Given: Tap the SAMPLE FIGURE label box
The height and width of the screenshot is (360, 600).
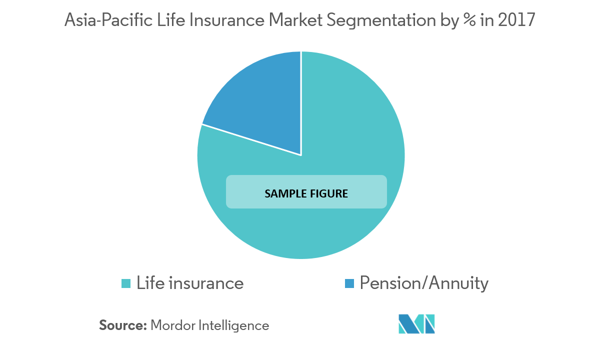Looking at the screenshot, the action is pyautogui.click(x=306, y=192).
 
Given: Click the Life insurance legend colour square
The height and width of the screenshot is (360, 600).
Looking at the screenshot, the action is pyautogui.click(x=126, y=283).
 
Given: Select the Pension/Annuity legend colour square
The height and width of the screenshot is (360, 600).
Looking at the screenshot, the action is pyautogui.click(x=349, y=283).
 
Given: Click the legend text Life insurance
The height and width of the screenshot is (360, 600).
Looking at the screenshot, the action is pyautogui.click(x=190, y=283).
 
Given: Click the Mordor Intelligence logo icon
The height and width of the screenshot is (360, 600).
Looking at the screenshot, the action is pyautogui.click(x=416, y=324).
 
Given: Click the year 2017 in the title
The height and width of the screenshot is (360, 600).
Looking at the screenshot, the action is pyautogui.click(x=516, y=20).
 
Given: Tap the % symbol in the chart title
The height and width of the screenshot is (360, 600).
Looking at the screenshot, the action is pyautogui.click(x=469, y=20).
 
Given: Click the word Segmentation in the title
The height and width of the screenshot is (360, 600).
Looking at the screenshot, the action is pyautogui.click(x=381, y=21).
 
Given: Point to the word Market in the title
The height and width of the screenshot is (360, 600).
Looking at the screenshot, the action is pyautogui.click(x=295, y=20).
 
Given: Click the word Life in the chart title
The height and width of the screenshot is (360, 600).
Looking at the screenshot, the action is pyautogui.click(x=171, y=20).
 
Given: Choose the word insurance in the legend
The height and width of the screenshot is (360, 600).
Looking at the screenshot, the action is pyautogui.click(x=206, y=283).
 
